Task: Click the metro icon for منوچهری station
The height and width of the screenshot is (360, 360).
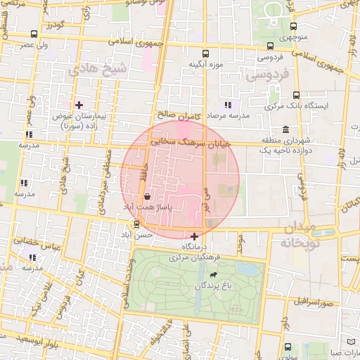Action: (288, 23)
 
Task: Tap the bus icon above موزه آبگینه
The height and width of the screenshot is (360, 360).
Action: (205, 53)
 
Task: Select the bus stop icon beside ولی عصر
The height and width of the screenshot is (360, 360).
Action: (34, 34)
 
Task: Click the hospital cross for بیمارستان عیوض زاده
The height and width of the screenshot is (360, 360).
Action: (79, 105)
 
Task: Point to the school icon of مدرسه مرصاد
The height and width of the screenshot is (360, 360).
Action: (227, 105)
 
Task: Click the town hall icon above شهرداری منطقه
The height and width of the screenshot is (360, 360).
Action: (285, 130)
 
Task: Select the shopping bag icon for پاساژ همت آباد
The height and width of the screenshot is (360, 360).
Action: (146, 198)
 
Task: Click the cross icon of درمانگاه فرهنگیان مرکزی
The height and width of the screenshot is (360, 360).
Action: (194, 236)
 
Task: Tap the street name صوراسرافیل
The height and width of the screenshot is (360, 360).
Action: (317, 303)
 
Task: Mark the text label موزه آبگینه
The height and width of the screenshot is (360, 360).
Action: (205, 65)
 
